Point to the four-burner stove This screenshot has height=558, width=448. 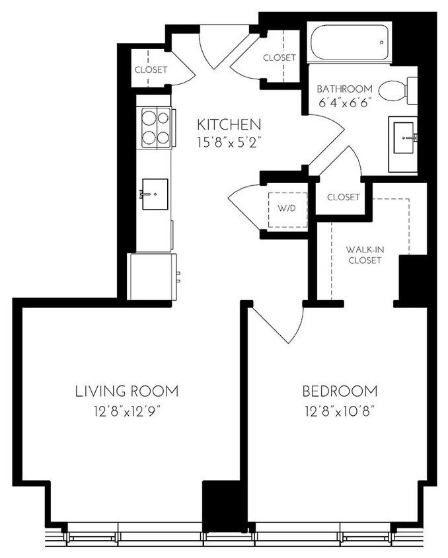[x=155, y=128]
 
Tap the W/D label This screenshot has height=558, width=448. [x=286, y=208]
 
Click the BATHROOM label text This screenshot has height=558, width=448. [x=344, y=89]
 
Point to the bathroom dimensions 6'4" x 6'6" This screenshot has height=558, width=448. [x=344, y=103]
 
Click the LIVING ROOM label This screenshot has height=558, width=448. [x=127, y=391]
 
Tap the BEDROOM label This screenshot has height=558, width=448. [x=340, y=391]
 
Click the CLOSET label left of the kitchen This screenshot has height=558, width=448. [x=151, y=69]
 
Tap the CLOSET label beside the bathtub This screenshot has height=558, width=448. [x=280, y=58]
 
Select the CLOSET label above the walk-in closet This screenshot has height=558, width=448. [x=343, y=197]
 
